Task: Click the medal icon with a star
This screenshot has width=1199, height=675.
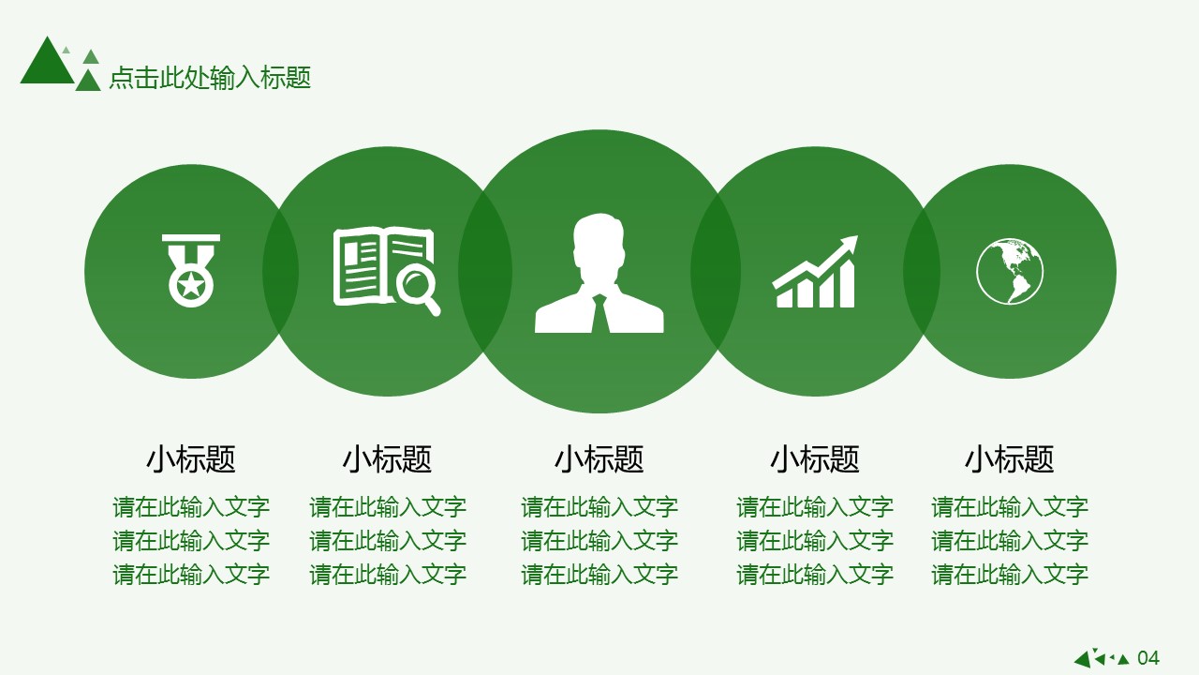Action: tap(191, 271)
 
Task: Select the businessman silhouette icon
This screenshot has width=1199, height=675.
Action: tap(599, 273)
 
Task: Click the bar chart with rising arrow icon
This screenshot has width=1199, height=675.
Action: tap(815, 272)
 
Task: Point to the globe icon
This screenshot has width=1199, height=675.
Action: tap(1010, 271)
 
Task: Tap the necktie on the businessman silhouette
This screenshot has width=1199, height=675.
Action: tap(599, 314)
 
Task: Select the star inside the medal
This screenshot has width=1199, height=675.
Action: tap(191, 285)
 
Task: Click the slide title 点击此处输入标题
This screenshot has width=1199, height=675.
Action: tap(210, 78)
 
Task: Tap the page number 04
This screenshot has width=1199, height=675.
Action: tap(1148, 658)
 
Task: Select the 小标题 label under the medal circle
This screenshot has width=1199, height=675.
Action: tap(191, 459)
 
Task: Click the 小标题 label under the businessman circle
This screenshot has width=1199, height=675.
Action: tap(599, 459)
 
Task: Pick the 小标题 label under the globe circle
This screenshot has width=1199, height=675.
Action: tap(1010, 459)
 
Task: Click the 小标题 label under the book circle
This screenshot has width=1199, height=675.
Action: tap(388, 459)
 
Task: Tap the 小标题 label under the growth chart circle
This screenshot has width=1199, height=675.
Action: tap(815, 459)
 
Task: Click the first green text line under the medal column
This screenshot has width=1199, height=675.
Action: tap(191, 507)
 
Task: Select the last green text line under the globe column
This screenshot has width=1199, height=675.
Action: tap(1010, 575)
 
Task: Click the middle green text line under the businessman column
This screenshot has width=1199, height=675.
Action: tap(599, 541)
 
